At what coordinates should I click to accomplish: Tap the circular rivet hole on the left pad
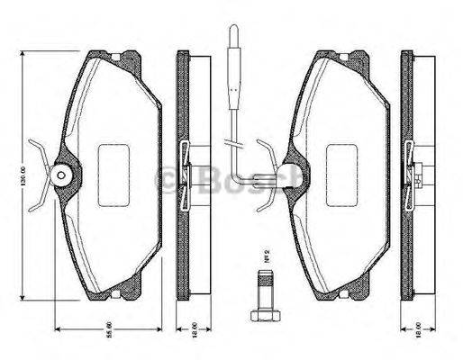[x=62, y=175]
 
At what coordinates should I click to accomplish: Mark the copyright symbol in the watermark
[x=168, y=180]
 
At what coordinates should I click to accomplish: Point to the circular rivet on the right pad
[x=289, y=175]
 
